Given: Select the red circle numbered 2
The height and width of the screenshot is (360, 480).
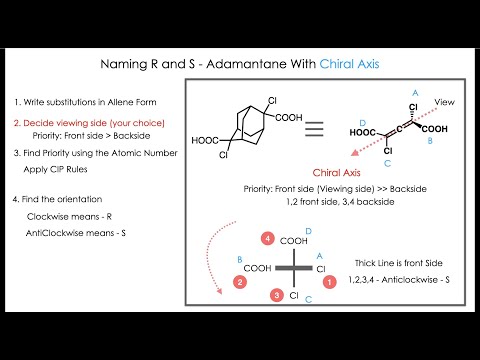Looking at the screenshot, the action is click(240, 283).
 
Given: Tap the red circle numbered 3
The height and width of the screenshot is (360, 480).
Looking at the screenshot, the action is click(276, 296).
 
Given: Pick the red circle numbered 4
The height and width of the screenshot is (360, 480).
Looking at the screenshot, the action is click(268, 239).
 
